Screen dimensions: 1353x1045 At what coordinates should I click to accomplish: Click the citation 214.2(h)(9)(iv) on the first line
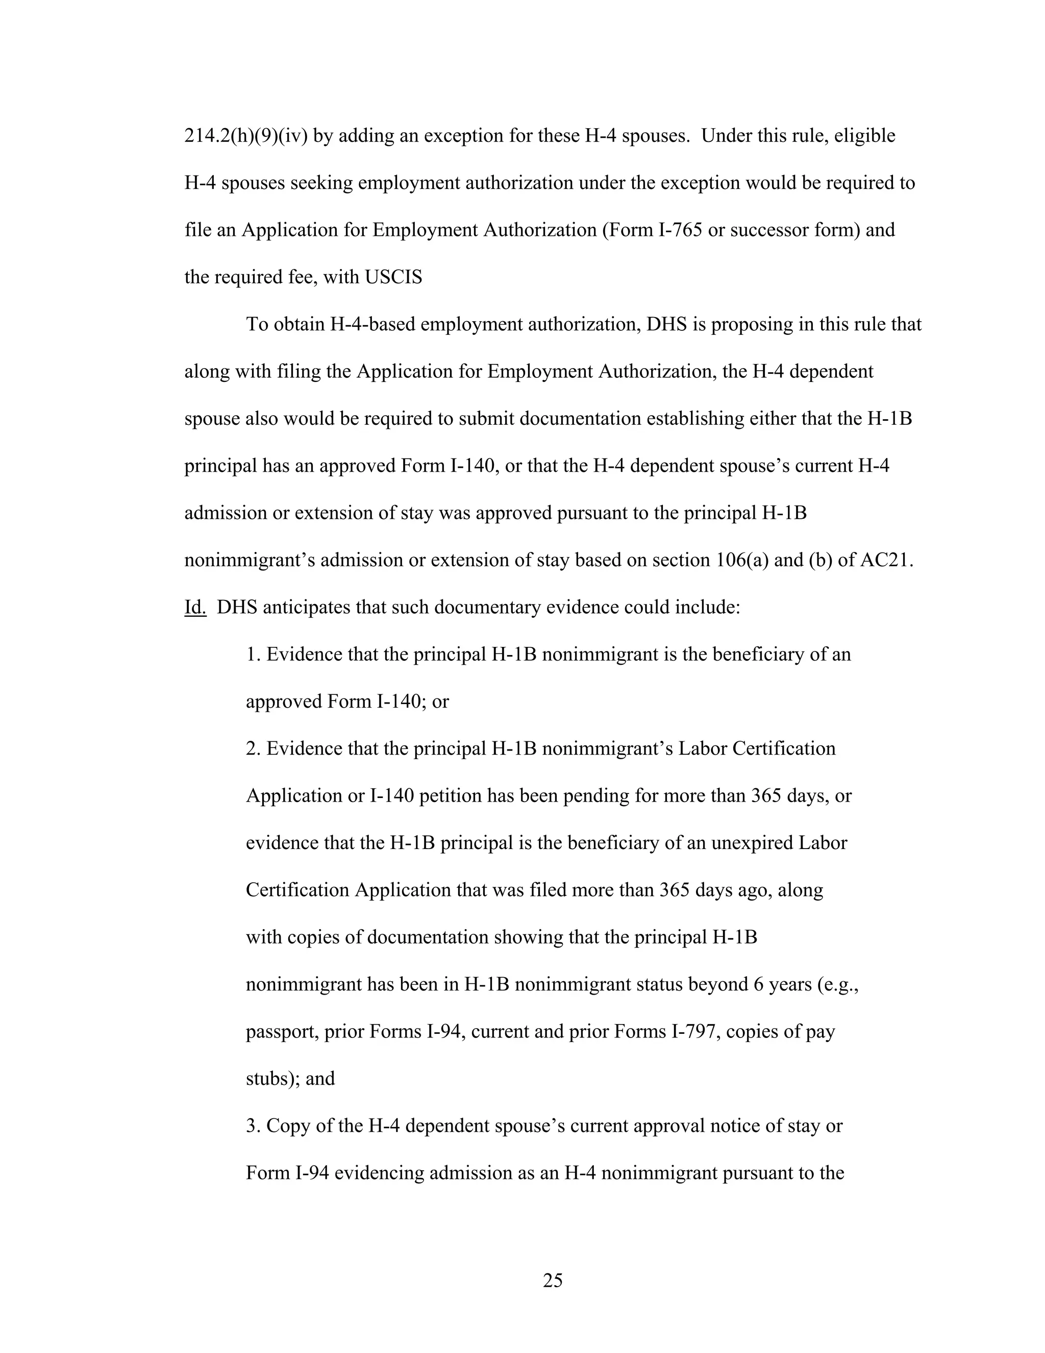tap(246, 136)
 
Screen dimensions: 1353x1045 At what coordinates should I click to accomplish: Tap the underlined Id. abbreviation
tap(195, 607)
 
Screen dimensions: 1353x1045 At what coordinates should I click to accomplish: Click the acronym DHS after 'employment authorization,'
tap(667, 324)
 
